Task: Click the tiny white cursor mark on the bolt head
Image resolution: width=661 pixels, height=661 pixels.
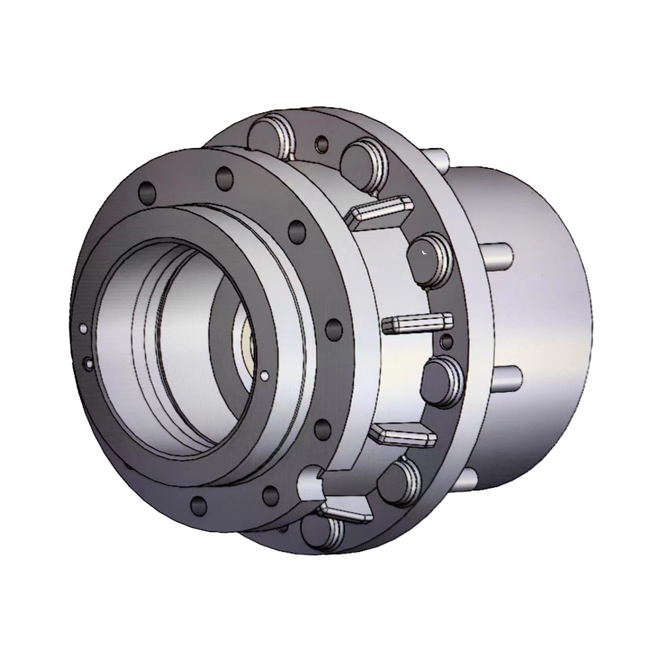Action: point(424,252)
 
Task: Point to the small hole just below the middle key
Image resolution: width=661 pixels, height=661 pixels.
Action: point(446,341)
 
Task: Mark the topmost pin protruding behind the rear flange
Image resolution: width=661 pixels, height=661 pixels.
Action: point(438,157)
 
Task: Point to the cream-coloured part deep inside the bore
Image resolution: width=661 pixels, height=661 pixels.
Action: point(249,344)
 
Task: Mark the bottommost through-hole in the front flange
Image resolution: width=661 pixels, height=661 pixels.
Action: point(198,506)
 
